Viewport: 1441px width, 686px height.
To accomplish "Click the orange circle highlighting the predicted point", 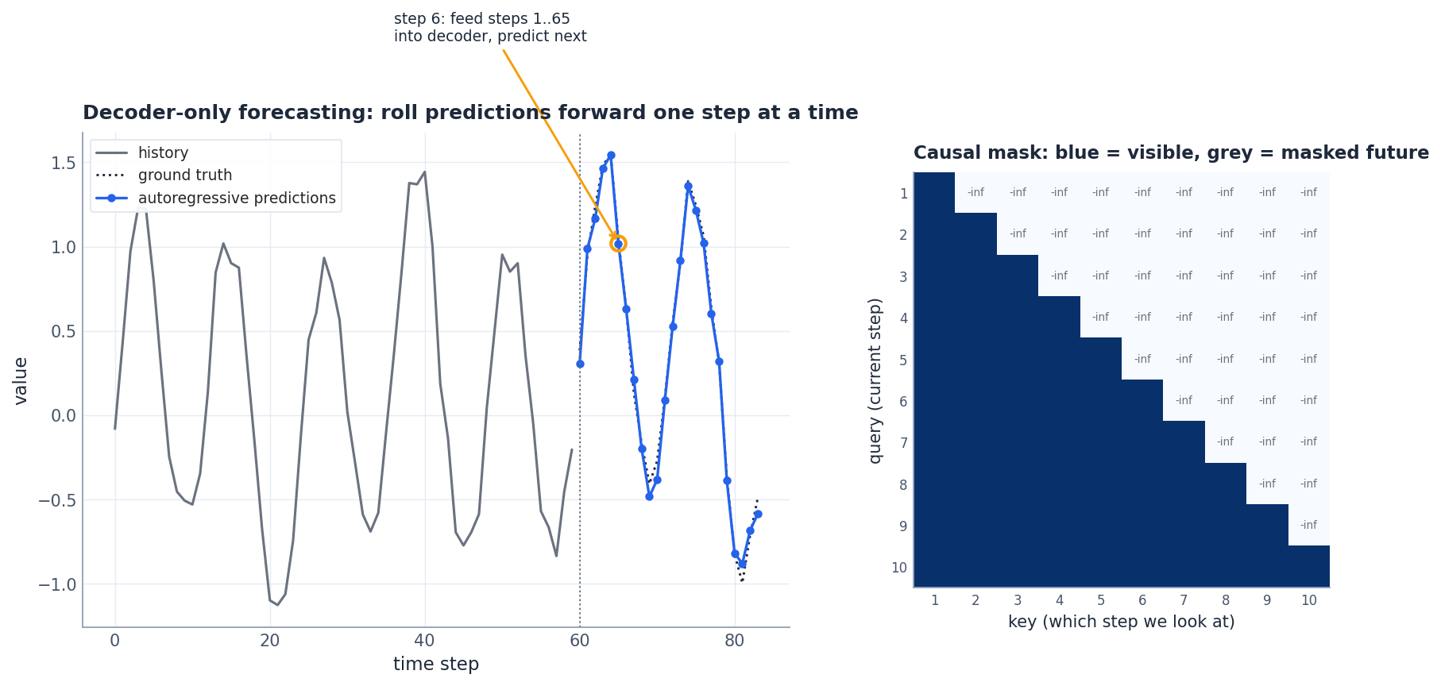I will click(x=618, y=244).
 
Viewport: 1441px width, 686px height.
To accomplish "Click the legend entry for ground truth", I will click(x=184, y=175).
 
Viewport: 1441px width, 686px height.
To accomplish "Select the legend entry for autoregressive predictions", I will click(x=236, y=198).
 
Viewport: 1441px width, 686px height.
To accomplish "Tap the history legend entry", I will click(x=163, y=153).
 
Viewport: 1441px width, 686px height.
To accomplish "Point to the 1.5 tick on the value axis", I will click(x=64, y=163).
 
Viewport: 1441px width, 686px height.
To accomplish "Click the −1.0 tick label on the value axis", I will click(x=57, y=584).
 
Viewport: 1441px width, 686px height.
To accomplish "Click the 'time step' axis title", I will click(x=435, y=664).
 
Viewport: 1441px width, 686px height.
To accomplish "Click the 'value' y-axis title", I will click(x=21, y=380).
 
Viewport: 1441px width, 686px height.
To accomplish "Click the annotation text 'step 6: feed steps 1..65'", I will click(x=481, y=19).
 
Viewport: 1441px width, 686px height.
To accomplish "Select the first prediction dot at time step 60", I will click(x=580, y=364).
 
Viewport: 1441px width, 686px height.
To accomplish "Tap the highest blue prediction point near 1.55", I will click(x=611, y=156).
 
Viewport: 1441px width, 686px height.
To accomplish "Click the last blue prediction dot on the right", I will click(x=758, y=514).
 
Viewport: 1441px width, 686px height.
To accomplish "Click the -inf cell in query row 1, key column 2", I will click(x=975, y=193).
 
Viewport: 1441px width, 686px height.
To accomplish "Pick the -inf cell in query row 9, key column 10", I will click(x=1308, y=525).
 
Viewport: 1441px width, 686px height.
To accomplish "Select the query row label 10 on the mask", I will click(x=899, y=568).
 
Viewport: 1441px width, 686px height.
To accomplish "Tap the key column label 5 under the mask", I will click(x=1101, y=601).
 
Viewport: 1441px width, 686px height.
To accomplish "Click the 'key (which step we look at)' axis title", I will click(x=1121, y=622).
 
